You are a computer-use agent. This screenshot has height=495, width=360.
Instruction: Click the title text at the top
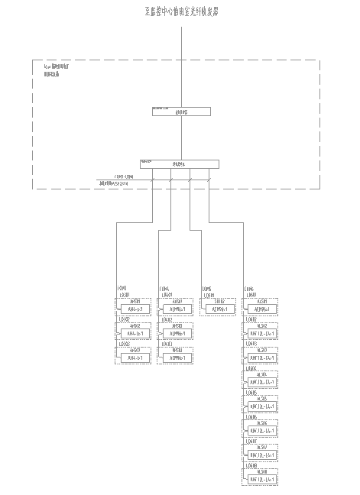(x=180, y=12)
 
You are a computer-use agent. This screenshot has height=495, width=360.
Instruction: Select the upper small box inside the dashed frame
(x=180, y=112)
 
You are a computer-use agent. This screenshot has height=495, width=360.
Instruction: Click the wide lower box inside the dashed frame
(x=180, y=163)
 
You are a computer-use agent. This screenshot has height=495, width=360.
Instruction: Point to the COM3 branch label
(x=122, y=289)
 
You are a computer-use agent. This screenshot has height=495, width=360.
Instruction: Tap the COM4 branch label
(x=164, y=289)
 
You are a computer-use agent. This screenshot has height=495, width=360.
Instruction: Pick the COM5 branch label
(x=206, y=289)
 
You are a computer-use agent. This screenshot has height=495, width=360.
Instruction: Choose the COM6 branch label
(x=249, y=289)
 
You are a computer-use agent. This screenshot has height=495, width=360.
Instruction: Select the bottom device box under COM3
(x=135, y=357)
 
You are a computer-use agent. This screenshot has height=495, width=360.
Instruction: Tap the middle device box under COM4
(x=177, y=333)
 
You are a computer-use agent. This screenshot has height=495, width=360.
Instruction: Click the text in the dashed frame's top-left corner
(x=57, y=70)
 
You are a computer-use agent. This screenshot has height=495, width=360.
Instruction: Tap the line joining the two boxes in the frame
(x=180, y=137)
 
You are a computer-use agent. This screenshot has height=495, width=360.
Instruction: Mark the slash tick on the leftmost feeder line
(x=153, y=180)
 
